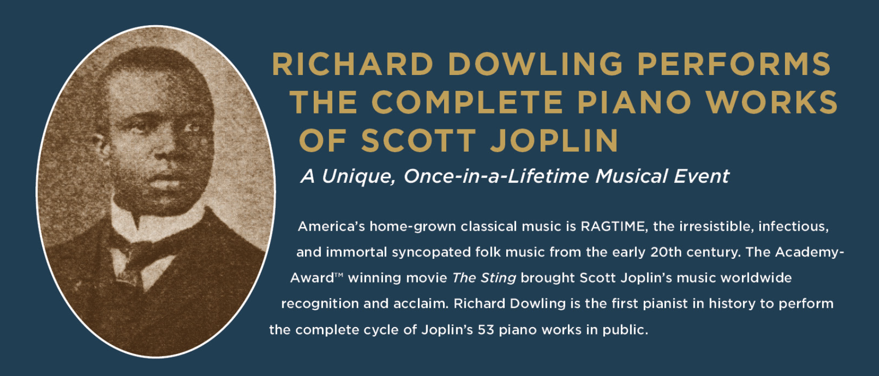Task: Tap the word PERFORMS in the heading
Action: point(734,64)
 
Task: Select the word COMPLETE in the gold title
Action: point(467,102)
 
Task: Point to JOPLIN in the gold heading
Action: point(555,141)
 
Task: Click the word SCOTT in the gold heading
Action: point(419,141)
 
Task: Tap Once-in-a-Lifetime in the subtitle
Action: point(496,177)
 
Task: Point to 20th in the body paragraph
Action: point(668,252)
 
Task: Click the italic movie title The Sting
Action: point(484,278)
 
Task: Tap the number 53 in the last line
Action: point(486,330)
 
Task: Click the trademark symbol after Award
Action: point(339,275)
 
